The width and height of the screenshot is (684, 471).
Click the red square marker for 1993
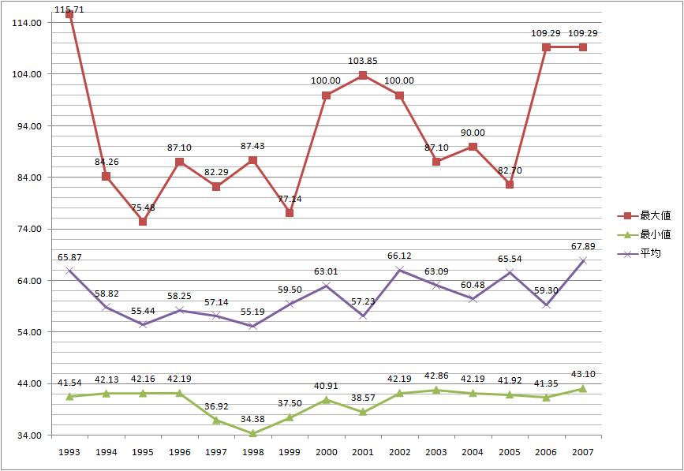(x=69, y=14)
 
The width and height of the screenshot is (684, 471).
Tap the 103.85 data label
(x=363, y=62)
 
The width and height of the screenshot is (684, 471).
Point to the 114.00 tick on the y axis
(x=28, y=22)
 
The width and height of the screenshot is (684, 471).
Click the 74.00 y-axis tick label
(x=28, y=229)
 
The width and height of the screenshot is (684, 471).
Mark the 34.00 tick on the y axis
(x=28, y=435)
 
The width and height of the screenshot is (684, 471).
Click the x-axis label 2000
(x=326, y=453)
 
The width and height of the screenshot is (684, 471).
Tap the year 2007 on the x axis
(x=582, y=453)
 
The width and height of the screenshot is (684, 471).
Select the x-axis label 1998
(x=252, y=453)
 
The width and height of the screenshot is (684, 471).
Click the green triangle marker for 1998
(x=252, y=433)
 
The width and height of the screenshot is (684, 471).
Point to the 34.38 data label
(x=252, y=419)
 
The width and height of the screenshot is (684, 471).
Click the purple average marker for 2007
(x=582, y=260)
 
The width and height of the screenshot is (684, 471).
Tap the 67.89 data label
(x=582, y=246)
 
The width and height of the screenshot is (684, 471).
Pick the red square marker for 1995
(x=143, y=222)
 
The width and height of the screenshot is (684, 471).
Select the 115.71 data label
(x=69, y=8)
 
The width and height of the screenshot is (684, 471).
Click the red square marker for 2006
(x=546, y=47)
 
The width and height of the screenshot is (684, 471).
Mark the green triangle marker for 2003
(x=436, y=390)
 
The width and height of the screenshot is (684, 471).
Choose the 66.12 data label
(x=399, y=256)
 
